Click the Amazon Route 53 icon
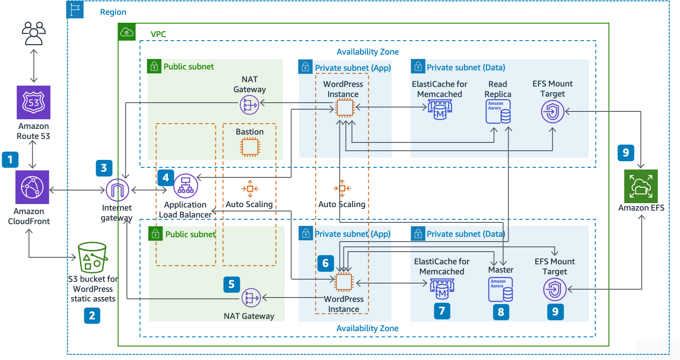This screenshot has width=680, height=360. tap(34, 102)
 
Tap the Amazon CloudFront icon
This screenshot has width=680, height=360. tap(32, 187)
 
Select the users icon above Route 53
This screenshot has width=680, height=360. tap(34, 33)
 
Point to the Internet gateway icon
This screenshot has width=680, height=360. tap(117, 190)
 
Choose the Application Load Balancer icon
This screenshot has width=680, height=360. tap(186, 186)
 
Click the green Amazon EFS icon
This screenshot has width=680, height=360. tap(641, 187)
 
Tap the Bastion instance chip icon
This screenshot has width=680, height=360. tap(250, 147)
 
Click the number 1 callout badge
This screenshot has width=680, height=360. tap(10, 159)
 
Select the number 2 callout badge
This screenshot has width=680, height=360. tap(92, 315)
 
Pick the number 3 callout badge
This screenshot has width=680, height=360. tap(104, 168)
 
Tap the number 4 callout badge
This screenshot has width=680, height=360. tap(166, 177)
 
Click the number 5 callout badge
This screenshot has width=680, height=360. tap(232, 284)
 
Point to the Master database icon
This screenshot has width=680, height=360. tap(500, 289)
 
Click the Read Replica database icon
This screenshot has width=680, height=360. tap(498, 111)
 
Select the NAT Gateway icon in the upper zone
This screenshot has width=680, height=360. tap(250, 105)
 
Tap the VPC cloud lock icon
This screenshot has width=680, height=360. tap(127, 32)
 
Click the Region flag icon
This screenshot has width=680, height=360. tap(75, 9)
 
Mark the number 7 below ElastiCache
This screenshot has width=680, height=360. tap(442, 311)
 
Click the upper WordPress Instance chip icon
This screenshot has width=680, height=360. tap(344, 107)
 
